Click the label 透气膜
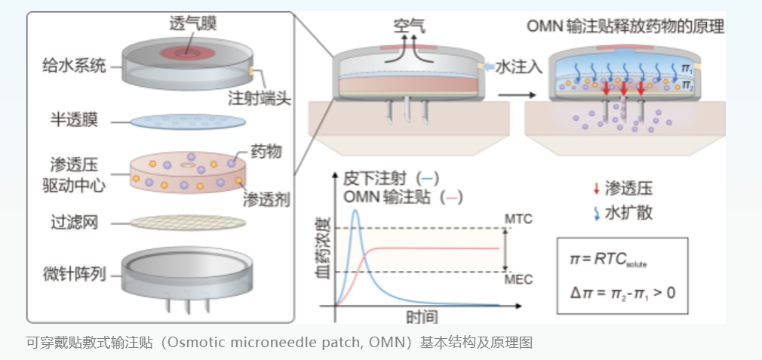coord(193,23)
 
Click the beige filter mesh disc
coord(186,223)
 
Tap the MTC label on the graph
coord(518,219)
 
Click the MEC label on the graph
coord(518,279)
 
